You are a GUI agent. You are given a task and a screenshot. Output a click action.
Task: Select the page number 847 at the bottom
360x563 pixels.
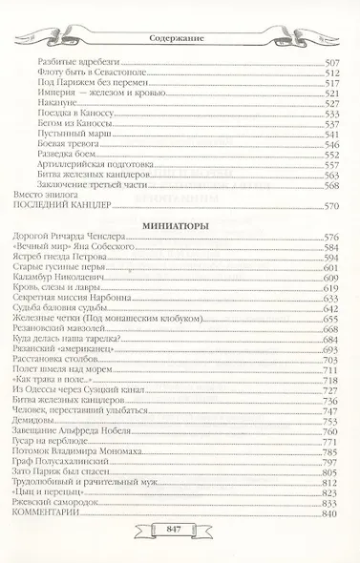(x=180, y=530)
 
